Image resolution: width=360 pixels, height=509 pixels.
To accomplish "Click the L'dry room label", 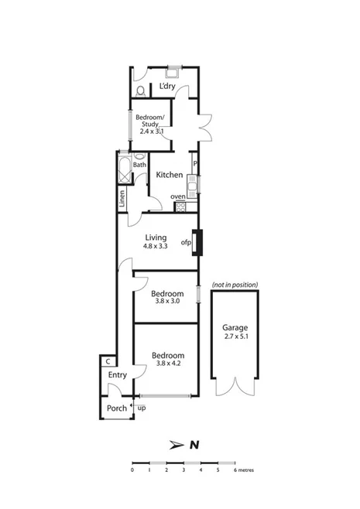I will coord(166,87).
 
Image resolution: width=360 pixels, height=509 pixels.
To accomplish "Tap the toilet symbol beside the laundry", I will coord(139,91).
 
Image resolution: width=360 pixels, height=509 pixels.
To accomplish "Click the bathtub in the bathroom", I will coord(123,169).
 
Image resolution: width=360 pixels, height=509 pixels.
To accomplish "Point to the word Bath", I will coord(139,164).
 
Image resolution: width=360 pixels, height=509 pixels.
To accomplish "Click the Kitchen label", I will coord(170,176).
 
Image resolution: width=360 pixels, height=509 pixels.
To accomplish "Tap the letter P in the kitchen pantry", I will coord(195,164).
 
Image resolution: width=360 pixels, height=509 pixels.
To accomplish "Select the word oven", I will coord(178,196).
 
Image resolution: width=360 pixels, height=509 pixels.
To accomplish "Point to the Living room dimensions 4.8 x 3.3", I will coord(156,246).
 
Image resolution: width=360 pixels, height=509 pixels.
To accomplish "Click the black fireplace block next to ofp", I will coord(198,243).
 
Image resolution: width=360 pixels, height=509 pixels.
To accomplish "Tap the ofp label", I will coord(186,243).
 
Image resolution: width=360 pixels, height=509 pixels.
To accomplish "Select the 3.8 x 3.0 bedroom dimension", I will coord(166,301).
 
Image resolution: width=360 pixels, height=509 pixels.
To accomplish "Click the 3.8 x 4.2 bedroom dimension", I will coord(166,363).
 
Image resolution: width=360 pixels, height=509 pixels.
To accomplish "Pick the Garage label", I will coord(235,327).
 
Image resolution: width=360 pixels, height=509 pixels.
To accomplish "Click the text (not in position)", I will coord(235,285).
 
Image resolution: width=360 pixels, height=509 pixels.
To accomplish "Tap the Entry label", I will coord(118,375).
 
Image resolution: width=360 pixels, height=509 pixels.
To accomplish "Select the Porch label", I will coord(116,408).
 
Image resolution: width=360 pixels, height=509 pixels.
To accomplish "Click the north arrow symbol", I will coord(177,445).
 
